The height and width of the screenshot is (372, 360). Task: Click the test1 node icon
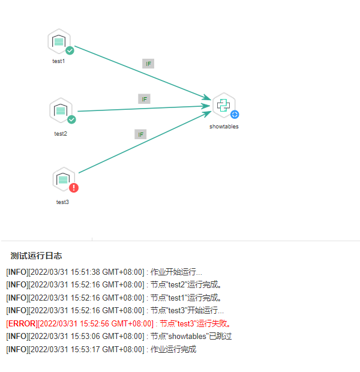[59, 41]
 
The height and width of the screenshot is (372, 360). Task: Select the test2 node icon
[61, 110]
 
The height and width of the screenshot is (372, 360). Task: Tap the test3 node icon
[62, 179]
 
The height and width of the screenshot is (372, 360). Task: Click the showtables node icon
[223, 105]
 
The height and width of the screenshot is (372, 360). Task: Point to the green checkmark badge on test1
[70, 50]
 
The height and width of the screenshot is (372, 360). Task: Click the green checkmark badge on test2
[71, 119]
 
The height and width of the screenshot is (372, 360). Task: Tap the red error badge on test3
[74, 188]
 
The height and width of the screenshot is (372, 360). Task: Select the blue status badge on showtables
[235, 114]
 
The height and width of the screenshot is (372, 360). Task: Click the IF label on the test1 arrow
[148, 64]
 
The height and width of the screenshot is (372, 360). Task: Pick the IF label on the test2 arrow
[144, 99]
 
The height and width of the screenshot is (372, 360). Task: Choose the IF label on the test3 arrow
[140, 134]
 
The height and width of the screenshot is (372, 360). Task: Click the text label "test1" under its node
[59, 61]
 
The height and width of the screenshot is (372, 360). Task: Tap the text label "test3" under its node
[62, 202]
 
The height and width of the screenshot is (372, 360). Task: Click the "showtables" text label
[224, 127]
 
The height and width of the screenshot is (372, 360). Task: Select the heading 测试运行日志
[36, 256]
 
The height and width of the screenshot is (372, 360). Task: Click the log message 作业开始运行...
[176, 272]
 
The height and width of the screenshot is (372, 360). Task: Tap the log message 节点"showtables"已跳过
[191, 336]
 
